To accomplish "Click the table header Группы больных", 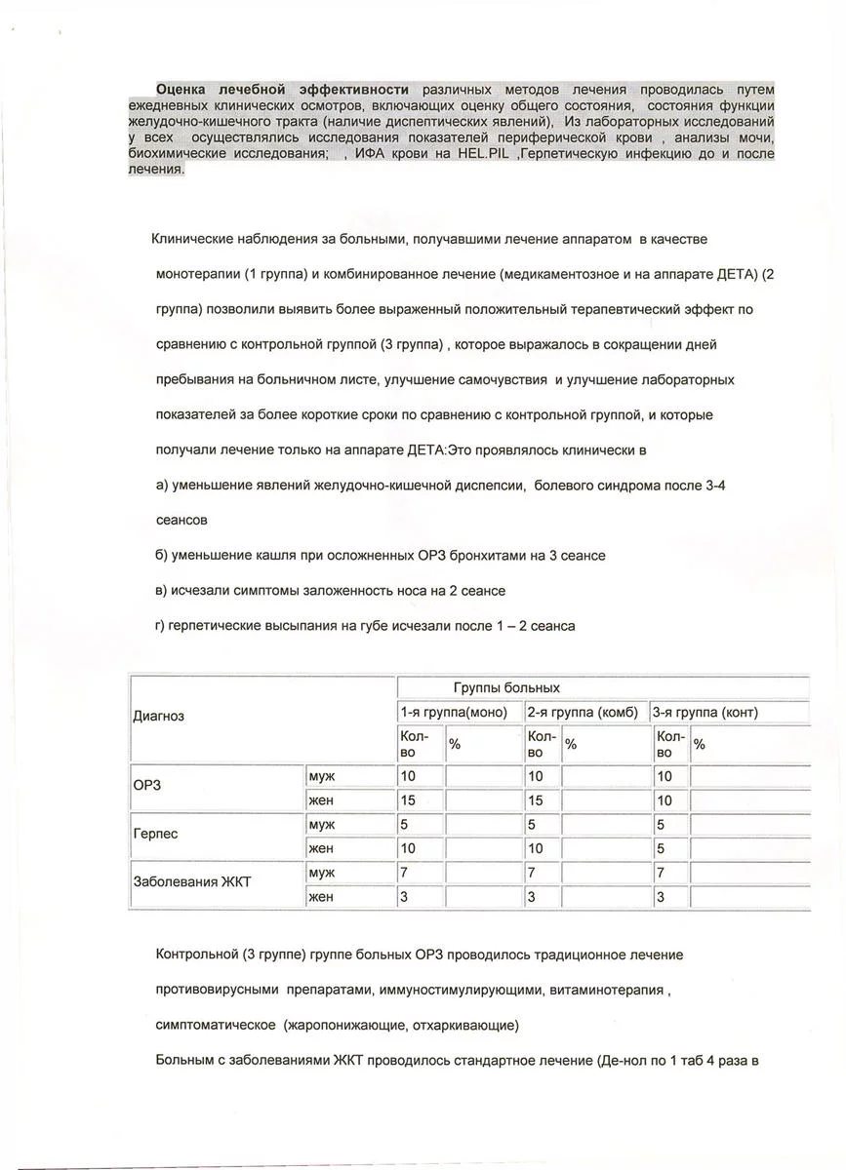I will pyautogui.click(x=505, y=687).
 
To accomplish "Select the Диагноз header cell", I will pyautogui.click(x=159, y=716).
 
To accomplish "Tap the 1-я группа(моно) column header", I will pyautogui.click(x=454, y=712).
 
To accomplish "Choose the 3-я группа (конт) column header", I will pyautogui.click(x=705, y=712).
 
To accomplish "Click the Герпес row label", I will pyautogui.click(x=155, y=836).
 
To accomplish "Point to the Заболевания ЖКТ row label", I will pyautogui.click(x=192, y=882).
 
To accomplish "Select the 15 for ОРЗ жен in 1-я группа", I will pyautogui.click(x=407, y=800).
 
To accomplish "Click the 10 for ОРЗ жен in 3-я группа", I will pyautogui.click(x=664, y=800).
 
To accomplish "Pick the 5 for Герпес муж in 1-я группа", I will pyautogui.click(x=404, y=824).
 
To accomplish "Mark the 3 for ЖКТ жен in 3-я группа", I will pyautogui.click(x=661, y=896).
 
